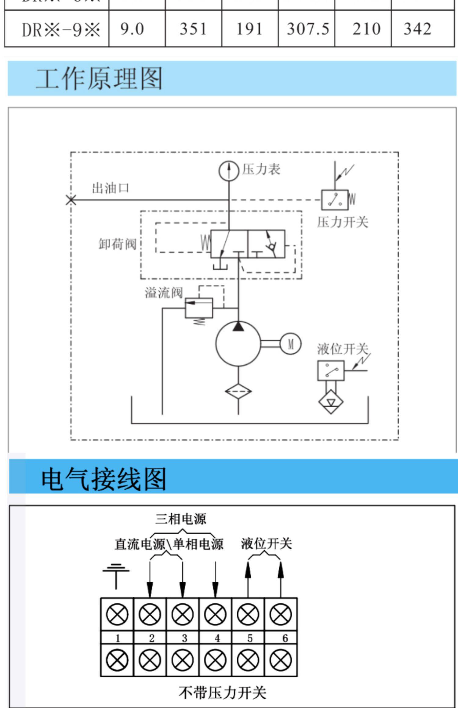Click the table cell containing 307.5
308,29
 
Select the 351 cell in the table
193,29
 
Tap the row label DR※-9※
61,30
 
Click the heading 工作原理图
99,79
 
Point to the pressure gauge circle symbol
229,171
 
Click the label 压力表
261,169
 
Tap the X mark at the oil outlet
71,200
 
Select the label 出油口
111,188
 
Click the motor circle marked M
291,344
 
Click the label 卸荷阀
118,244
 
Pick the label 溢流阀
164,293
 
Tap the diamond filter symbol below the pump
238,391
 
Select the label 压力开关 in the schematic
343,222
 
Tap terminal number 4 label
217,638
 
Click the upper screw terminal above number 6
281,614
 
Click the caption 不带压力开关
222,693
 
